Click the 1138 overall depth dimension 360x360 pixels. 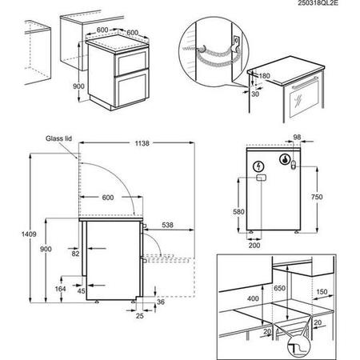coord(142,143)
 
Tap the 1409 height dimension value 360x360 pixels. coord(29,234)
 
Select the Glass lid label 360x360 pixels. coord(58,138)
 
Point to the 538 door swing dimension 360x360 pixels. coord(167,225)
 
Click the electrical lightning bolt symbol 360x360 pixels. coord(258,166)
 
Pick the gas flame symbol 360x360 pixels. coord(285,159)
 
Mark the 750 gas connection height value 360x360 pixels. coord(317,197)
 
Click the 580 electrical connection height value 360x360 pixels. coord(238,212)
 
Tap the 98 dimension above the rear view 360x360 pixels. coord(297,137)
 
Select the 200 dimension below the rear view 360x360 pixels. coord(254,245)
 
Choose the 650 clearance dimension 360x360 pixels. coord(279,288)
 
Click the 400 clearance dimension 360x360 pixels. coord(253,298)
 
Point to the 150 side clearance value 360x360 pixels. coord(322,292)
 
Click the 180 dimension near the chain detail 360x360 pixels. coord(264,76)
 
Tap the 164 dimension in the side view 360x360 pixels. coord(60,289)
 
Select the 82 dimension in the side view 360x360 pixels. coord(75,254)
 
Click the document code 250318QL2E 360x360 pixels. coord(318,3)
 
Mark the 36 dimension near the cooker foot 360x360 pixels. coord(161,302)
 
